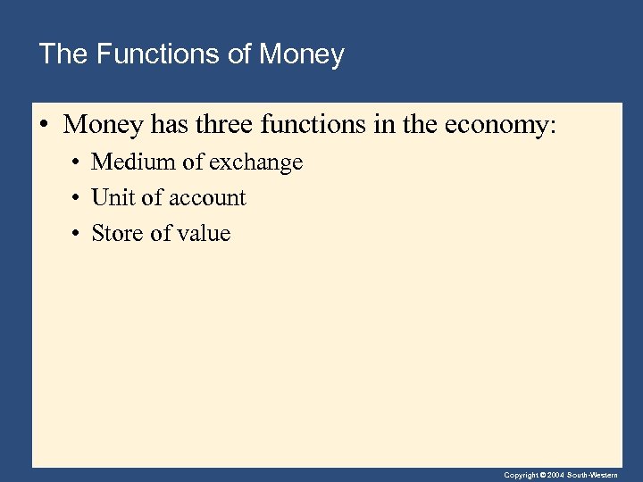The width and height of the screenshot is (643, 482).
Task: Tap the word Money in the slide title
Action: (301, 54)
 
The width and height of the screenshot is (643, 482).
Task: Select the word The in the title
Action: (62, 54)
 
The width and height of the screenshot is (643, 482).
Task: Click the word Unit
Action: (111, 198)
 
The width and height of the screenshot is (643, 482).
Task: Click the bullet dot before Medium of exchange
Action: (78, 163)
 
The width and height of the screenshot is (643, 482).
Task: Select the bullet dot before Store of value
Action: (78, 235)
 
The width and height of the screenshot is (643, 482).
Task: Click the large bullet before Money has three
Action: (44, 125)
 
